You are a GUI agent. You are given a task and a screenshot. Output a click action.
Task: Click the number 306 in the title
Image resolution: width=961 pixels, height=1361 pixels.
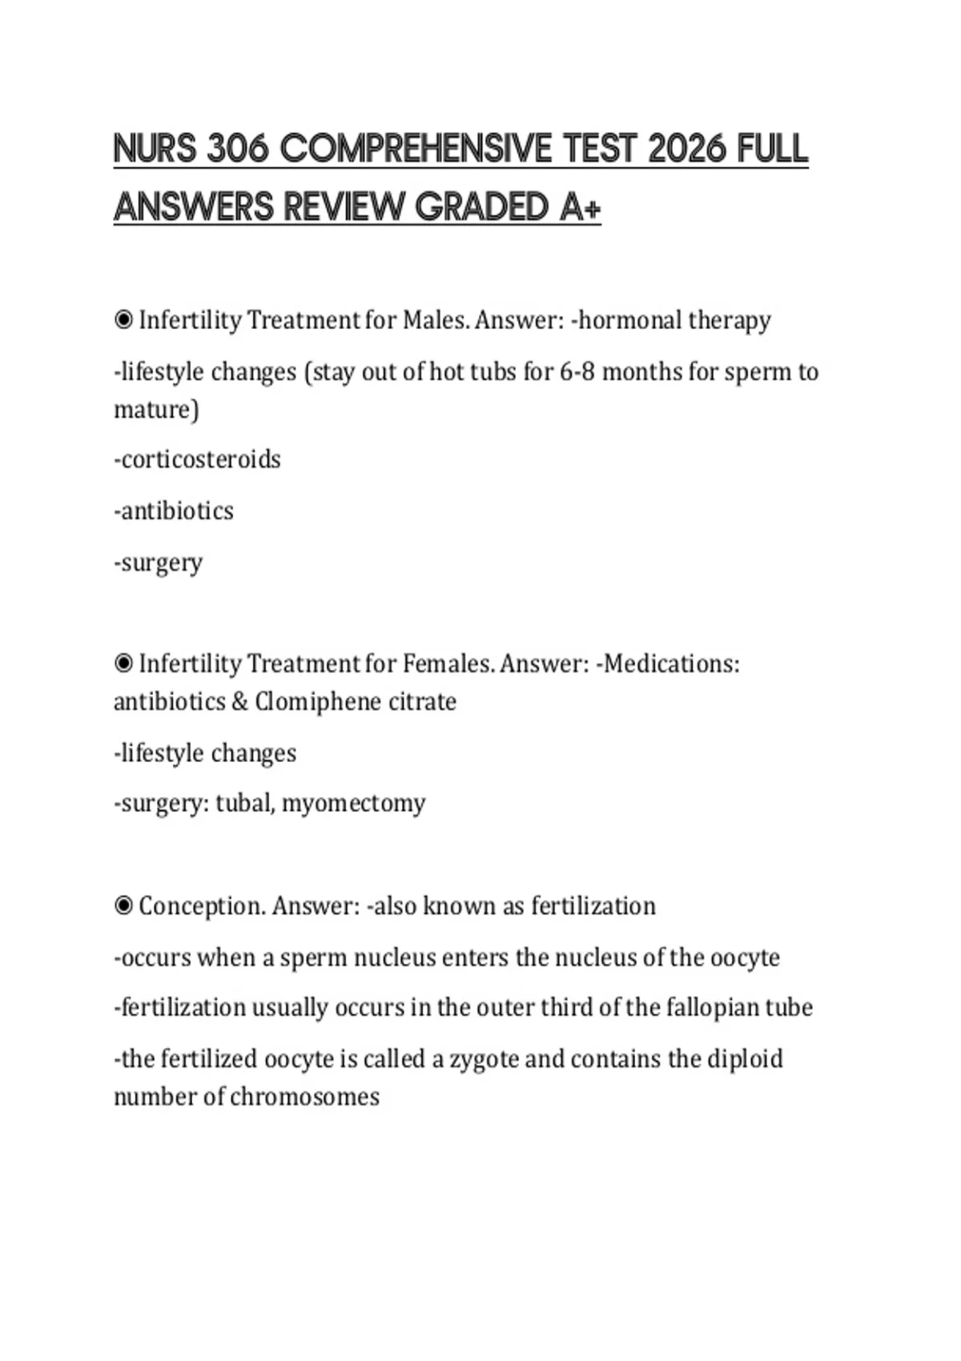(237, 149)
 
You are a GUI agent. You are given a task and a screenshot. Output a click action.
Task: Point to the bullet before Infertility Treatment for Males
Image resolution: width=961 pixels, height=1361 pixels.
(124, 320)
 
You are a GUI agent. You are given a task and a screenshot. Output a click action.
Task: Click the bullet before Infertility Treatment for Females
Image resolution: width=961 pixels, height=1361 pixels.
(124, 664)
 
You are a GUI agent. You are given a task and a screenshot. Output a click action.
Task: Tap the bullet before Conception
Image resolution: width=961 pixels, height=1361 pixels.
(124, 906)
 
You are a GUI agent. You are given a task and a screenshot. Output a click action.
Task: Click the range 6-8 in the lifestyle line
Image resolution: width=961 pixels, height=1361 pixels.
(577, 372)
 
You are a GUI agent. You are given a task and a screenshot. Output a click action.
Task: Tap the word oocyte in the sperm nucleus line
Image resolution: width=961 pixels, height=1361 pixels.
(745, 958)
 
